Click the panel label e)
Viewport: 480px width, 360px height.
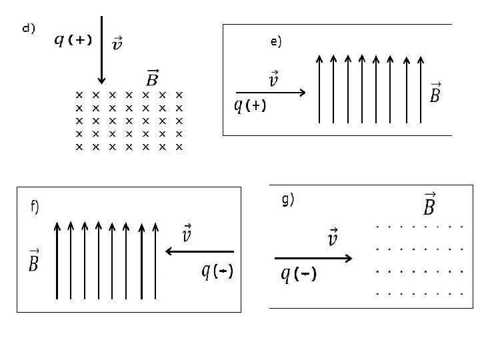coord(276,41)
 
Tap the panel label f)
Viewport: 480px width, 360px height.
coord(35,206)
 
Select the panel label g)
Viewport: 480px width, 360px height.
coord(288,199)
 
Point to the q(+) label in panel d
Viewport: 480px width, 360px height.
coord(73,41)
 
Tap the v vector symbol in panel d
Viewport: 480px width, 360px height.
coord(117,43)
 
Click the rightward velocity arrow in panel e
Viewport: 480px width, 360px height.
coord(270,93)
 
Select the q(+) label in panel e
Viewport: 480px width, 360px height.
coord(250,106)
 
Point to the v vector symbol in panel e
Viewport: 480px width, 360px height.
coord(273,80)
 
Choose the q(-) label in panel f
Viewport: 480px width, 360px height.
coord(217,271)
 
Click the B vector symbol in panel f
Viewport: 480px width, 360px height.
coord(33,260)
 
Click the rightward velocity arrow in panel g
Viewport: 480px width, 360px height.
coord(313,257)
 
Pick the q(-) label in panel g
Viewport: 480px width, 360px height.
coord(299,274)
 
